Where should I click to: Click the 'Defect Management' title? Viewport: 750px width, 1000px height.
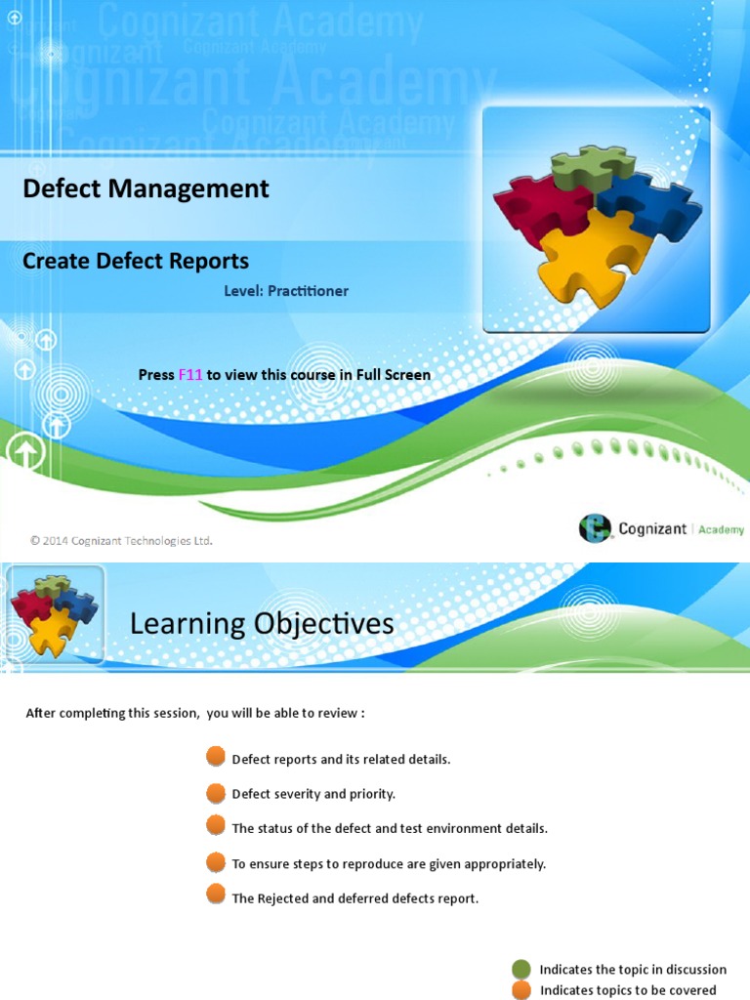[x=146, y=188]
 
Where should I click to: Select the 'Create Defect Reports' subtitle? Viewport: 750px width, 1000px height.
[x=136, y=261]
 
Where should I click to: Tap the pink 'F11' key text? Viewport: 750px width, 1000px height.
[x=190, y=375]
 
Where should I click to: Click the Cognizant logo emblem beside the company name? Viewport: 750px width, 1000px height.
[x=595, y=528]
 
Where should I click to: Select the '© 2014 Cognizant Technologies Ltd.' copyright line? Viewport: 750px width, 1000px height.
[x=121, y=540]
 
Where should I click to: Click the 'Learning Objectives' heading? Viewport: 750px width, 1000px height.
[x=262, y=623]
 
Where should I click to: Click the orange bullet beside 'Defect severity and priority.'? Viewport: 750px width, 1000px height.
[x=216, y=792]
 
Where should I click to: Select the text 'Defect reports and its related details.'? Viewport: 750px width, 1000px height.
[x=341, y=760]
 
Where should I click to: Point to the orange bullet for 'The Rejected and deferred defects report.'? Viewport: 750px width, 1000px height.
[x=216, y=896]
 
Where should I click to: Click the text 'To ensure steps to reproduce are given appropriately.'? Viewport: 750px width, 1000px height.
[x=389, y=864]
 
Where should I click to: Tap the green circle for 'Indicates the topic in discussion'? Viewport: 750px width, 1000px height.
[x=521, y=969]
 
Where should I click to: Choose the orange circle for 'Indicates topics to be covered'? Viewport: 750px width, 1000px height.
[x=521, y=989]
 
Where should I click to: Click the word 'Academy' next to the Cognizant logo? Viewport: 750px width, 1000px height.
[x=721, y=529]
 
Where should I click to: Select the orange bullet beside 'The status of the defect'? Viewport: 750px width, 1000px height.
[x=216, y=826]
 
